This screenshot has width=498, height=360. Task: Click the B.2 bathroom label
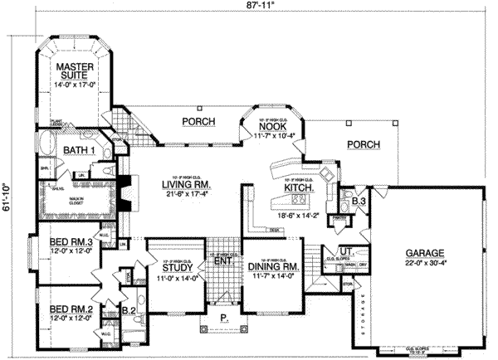click(129, 313)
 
